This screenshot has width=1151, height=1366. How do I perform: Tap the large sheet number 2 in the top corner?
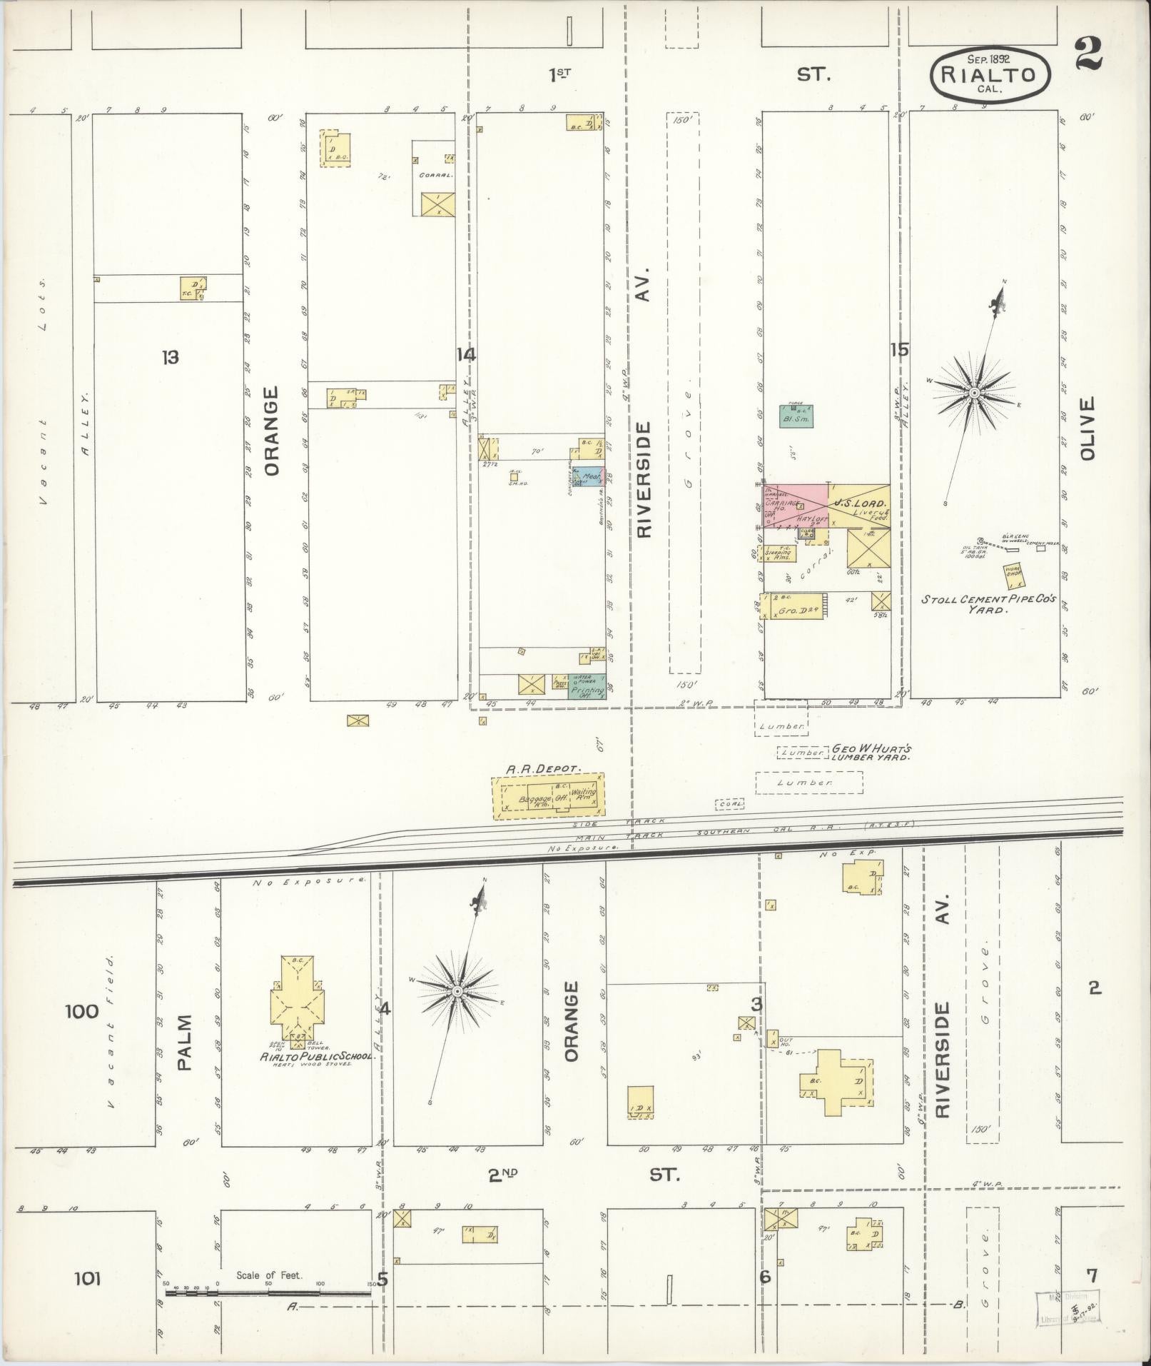(1089, 54)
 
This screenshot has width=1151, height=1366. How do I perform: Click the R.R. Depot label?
(545, 769)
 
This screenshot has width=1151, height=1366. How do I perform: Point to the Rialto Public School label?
(318, 1056)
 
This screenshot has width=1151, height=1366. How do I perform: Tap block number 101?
(87, 1277)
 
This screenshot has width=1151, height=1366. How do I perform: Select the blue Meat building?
(592, 476)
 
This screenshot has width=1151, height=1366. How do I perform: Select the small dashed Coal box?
(730, 804)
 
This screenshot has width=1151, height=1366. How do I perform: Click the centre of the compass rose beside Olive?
(973, 393)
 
